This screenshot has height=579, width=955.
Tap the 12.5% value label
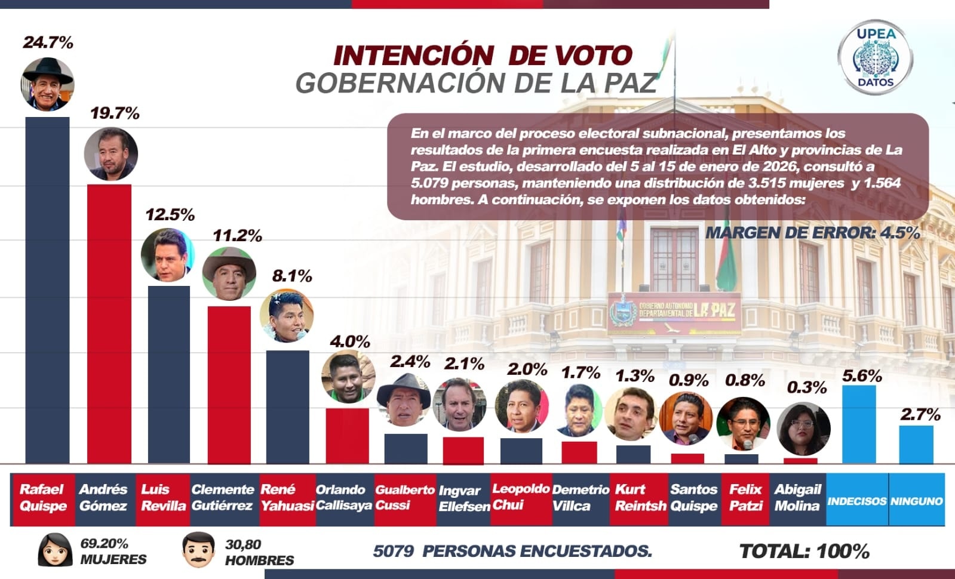pos(170,215)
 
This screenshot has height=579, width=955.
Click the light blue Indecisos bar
pos(859,424)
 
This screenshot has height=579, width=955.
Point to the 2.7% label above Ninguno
pos(920,414)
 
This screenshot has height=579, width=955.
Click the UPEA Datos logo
pos(875,58)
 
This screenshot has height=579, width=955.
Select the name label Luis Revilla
pos(163,498)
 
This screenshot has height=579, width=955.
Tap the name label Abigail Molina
pos(797,498)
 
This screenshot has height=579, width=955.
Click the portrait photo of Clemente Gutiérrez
pos(229,273)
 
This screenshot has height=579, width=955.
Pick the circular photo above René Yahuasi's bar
pos(287,316)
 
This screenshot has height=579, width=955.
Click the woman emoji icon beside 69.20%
pos(55,550)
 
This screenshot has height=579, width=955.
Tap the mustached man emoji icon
pos(198,550)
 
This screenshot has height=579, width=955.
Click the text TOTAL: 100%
pos(804,551)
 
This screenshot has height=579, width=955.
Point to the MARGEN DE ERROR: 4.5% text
pos(812,233)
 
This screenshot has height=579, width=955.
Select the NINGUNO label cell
pos(916,501)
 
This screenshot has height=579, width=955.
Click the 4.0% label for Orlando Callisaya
pos(349,341)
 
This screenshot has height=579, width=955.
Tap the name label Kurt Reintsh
pos(640,498)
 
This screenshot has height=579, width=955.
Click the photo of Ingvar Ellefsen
pos(459,404)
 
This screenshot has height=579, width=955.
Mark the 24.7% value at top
pos(48,42)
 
